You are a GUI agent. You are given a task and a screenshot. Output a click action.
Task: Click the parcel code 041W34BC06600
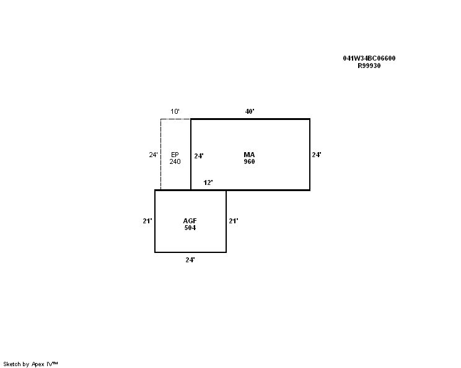coord(369,58)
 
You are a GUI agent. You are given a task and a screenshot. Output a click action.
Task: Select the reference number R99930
coord(369,66)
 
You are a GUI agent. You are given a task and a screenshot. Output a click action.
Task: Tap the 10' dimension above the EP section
coord(175,111)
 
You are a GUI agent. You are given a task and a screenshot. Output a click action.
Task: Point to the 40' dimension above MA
coord(250,111)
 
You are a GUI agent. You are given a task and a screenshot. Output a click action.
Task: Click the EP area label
coord(175,155)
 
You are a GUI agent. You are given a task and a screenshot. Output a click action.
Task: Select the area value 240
coord(175,161)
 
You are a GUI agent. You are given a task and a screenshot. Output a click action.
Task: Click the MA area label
coord(249,155)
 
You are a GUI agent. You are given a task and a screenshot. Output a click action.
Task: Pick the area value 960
coord(249,161)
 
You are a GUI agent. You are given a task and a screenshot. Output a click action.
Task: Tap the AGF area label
coord(190,221)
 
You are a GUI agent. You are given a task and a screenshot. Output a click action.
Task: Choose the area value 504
coord(190,228)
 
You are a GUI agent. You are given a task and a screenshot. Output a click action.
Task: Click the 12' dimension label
coord(208,182)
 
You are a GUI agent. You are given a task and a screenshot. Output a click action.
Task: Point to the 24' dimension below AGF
coord(190,260)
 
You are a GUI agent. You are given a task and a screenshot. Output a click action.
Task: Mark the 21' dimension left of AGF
coord(147,221)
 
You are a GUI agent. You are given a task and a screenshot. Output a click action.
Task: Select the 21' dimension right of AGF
coord(234,221)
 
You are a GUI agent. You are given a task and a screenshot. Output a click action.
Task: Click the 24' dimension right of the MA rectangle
coord(317,155)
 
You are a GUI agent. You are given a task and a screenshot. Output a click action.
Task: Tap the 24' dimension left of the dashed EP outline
coord(154,155)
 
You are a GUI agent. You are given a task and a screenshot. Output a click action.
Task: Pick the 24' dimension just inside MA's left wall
coord(199,156)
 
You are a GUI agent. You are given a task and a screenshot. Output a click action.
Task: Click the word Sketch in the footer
coord(12,364)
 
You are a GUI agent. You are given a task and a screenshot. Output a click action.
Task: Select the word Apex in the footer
coord(38,364)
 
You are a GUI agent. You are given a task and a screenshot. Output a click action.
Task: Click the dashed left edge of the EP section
coord(160,155)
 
